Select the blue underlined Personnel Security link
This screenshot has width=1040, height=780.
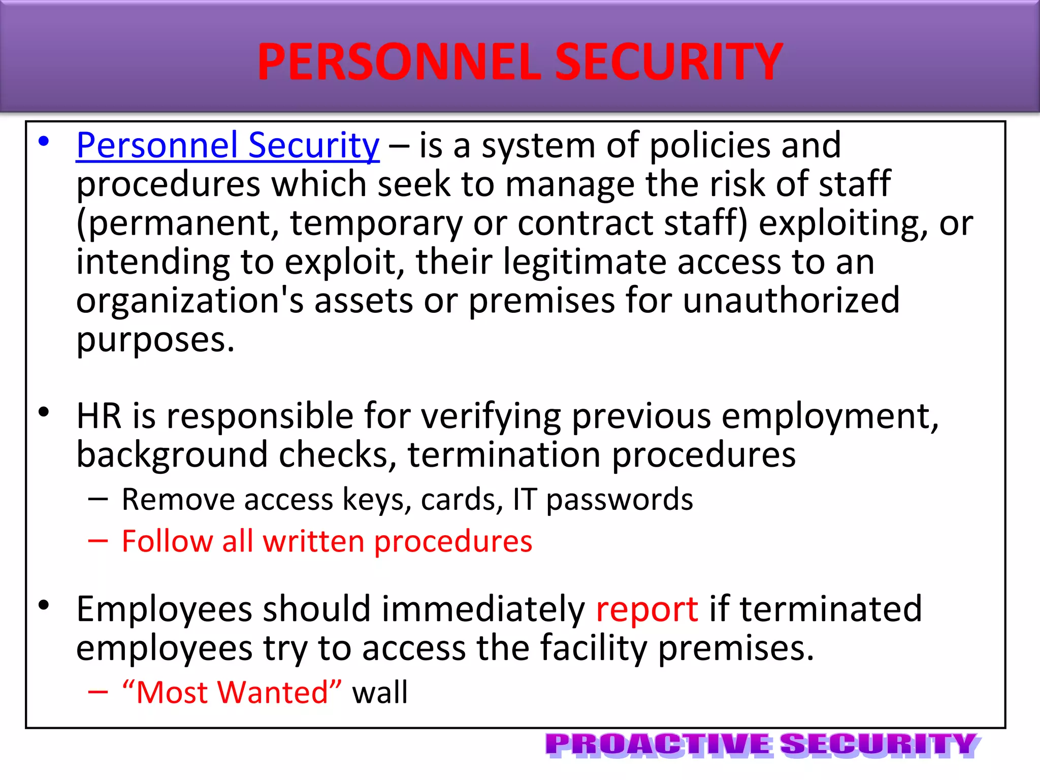[x=227, y=146]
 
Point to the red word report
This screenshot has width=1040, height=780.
[x=646, y=609]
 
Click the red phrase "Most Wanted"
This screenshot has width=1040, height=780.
[x=232, y=692]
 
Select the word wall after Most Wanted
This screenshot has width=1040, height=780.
[x=380, y=692]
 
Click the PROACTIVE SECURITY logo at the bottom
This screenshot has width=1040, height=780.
[x=762, y=745]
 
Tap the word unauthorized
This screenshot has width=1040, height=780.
[x=791, y=300]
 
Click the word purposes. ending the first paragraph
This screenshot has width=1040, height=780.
[x=155, y=340]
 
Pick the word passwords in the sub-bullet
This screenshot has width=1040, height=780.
[x=619, y=500]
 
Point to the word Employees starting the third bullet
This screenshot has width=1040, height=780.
[x=164, y=609]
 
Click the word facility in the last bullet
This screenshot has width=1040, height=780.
[x=593, y=648]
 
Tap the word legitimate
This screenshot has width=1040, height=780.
[x=584, y=262]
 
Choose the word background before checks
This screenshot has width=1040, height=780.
[x=172, y=455]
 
